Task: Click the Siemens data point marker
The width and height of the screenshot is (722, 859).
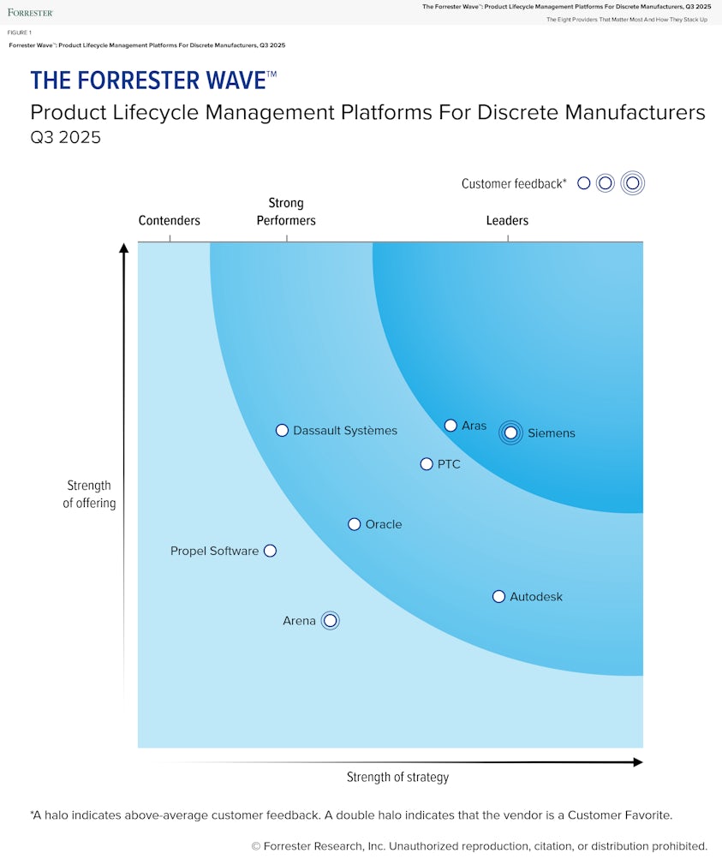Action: (511, 432)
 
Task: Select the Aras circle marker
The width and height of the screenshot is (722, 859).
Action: (451, 426)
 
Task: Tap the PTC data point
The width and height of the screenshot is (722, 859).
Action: (427, 464)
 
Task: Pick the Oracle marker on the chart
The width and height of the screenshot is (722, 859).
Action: (355, 524)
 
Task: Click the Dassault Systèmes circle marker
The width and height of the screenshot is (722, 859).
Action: (282, 431)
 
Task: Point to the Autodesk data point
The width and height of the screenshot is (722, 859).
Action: (498, 596)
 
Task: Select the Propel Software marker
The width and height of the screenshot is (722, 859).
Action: (270, 551)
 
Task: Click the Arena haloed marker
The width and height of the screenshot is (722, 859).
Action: (331, 621)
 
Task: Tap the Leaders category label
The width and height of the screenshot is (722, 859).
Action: (507, 221)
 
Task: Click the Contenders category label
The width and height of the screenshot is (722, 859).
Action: (170, 221)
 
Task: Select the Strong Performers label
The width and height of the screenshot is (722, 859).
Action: (286, 212)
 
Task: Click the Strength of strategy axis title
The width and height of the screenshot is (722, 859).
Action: (397, 778)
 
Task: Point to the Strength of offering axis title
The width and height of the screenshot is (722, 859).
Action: (89, 494)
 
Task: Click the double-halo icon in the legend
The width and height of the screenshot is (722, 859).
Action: (633, 182)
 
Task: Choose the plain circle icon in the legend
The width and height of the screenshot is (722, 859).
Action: (584, 182)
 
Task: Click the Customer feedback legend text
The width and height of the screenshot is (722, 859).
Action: (514, 183)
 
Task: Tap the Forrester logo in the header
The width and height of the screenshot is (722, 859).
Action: (30, 12)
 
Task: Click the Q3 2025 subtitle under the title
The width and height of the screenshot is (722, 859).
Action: (66, 137)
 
